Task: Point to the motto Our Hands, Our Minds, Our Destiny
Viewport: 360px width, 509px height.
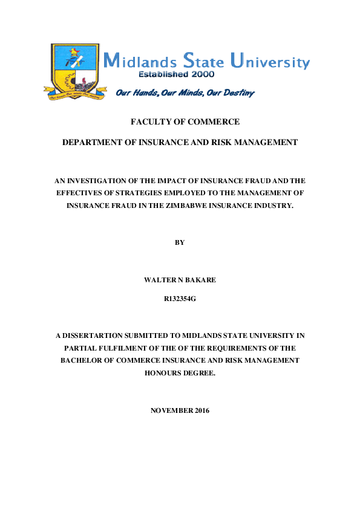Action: tap(185, 92)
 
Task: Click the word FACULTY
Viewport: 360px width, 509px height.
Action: tap(151, 122)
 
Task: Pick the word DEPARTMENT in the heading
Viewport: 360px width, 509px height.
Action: tap(93, 142)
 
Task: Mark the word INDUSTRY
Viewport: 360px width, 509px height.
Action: tap(281, 206)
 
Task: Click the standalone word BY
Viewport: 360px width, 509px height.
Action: tap(180, 242)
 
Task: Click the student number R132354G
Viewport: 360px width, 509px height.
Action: tap(180, 299)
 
